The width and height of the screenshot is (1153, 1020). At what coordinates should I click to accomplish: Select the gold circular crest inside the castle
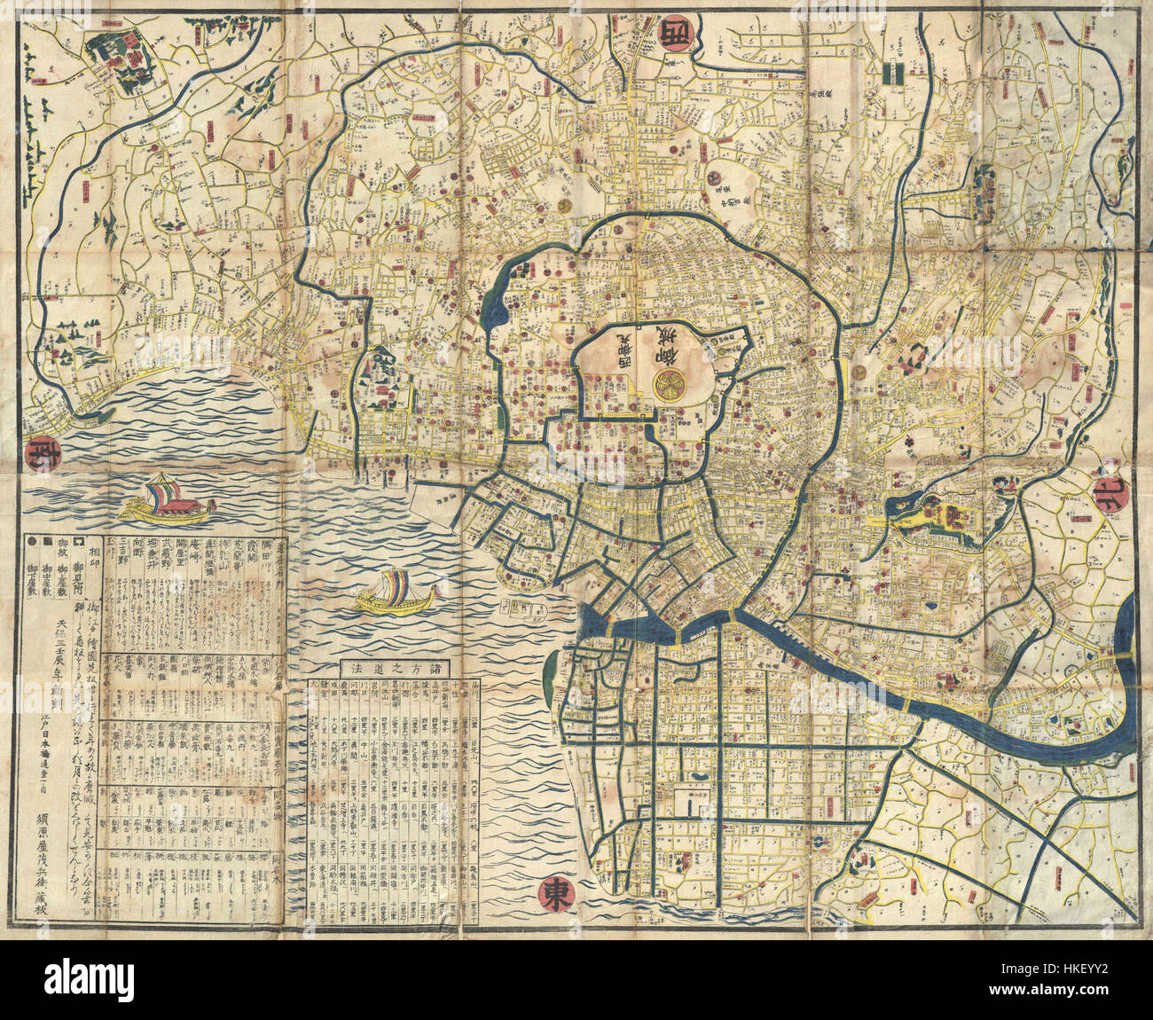click(x=669, y=382)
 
